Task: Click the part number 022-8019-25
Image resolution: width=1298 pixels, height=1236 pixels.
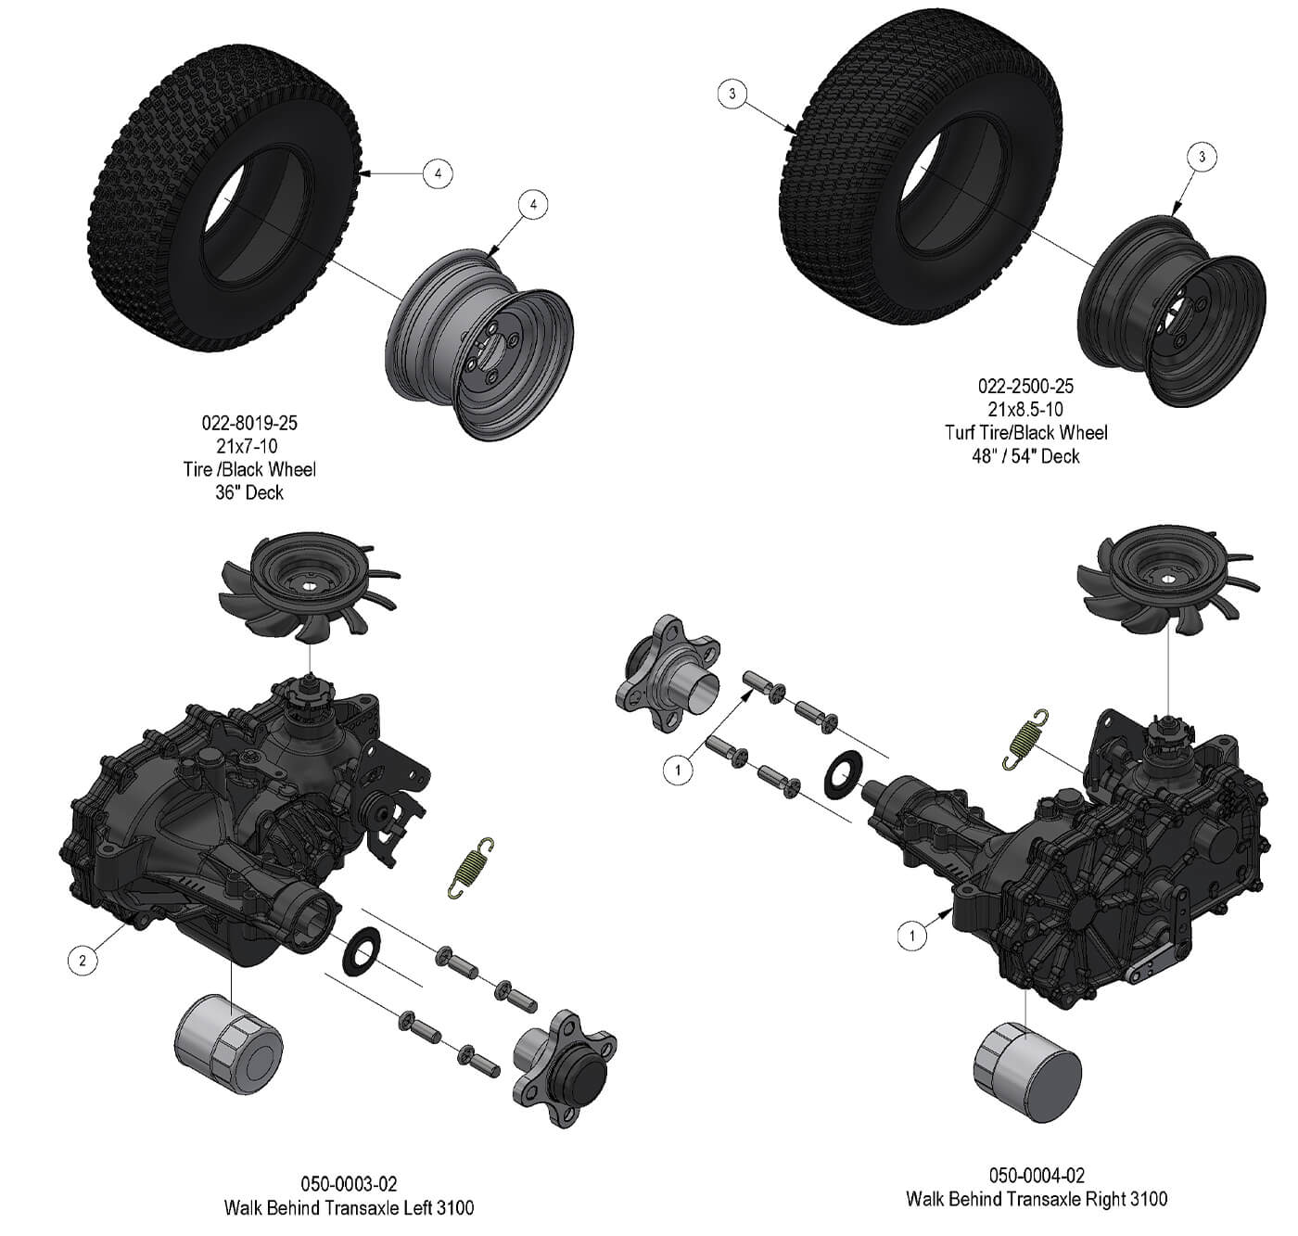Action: tap(248, 423)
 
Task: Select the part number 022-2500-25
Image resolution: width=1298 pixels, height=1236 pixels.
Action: tap(1025, 386)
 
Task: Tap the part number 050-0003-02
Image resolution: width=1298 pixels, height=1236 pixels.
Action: tap(349, 1184)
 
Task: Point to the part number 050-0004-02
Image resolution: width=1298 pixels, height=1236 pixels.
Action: tap(1037, 1175)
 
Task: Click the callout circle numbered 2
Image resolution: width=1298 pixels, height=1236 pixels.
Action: tap(83, 960)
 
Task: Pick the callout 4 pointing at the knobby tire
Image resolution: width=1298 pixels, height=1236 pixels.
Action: tap(438, 173)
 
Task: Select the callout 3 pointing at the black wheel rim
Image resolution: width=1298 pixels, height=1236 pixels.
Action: tap(1202, 157)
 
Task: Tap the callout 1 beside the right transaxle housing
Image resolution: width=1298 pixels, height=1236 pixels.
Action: tap(912, 936)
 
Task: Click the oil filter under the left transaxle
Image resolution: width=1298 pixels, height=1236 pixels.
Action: tap(228, 1045)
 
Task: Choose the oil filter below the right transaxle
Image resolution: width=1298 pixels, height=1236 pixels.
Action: tap(1027, 1072)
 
